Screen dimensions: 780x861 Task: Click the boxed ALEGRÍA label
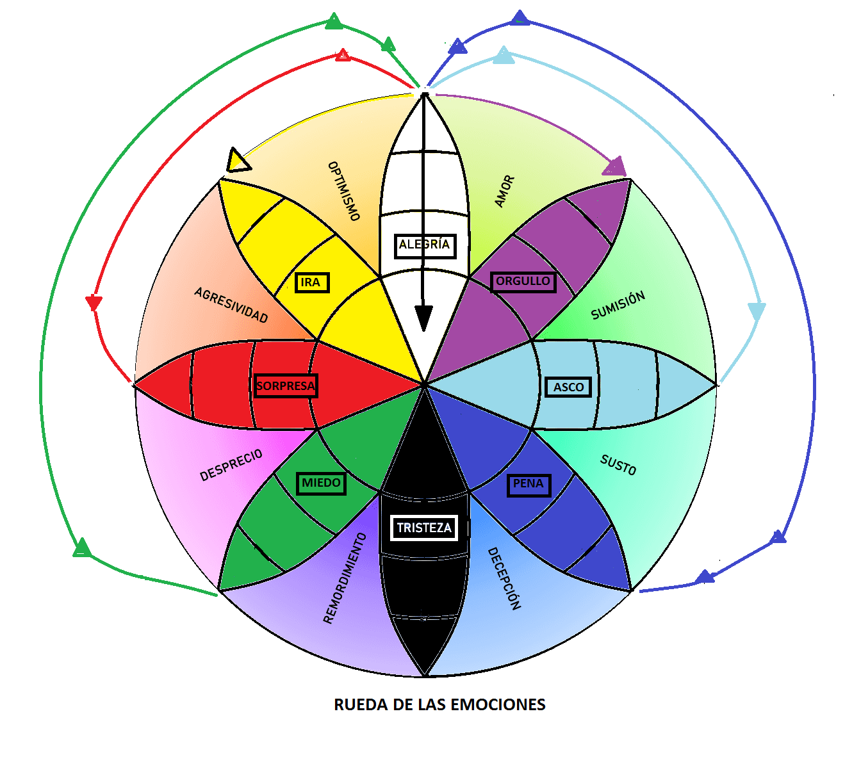click(425, 245)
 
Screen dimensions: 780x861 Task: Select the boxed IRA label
click(311, 282)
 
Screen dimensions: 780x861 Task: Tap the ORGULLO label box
click(523, 281)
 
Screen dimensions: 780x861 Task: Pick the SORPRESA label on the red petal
click(285, 386)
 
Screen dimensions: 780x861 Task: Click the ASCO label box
click(568, 387)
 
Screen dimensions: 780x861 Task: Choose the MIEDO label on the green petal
click(321, 483)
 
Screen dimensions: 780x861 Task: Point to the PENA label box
click(528, 484)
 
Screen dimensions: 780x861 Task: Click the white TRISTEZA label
click(424, 528)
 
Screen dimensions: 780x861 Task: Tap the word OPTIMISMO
click(344, 191)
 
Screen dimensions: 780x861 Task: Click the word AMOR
click(505, 191)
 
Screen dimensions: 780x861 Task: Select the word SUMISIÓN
click(618, 305)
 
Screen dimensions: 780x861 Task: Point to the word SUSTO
click(618, 465)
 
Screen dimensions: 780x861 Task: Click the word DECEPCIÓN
click(504, 578)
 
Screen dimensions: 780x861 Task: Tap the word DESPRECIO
click(231, 465)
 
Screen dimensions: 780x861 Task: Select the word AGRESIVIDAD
click(231, 305)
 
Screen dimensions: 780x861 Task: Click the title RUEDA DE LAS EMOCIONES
click(439, 705)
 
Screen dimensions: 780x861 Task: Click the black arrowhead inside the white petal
click(423, 318)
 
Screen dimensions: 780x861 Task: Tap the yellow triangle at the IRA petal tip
click(238, 161)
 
